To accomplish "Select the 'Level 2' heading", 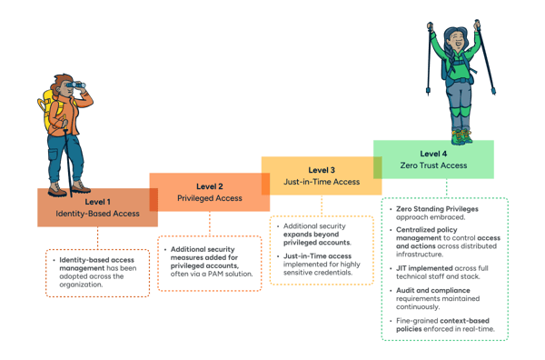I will coord(209,186).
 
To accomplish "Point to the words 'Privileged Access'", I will coord(209,198).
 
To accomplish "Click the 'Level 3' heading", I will coord(322,169).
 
